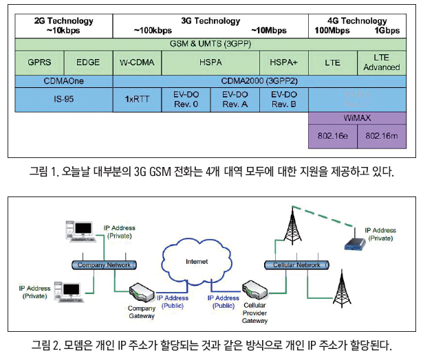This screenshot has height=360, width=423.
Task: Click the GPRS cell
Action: (39, 62)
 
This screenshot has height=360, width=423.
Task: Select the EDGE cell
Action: (88, 62)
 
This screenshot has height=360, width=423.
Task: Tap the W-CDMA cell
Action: (136, 62)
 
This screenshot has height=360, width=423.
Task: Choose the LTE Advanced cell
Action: (385, 62)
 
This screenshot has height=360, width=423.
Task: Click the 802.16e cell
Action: (334, 136)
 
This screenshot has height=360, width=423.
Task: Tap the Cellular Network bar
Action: (296, 265)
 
